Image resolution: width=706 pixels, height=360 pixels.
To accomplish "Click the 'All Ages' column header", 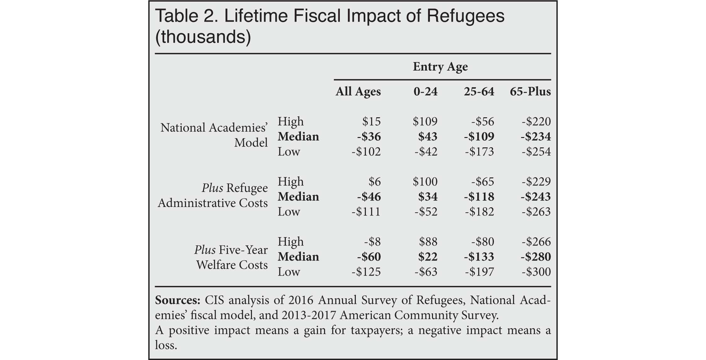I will tap(358, 92).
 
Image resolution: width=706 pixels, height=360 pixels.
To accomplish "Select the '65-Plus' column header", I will tap(530, 92).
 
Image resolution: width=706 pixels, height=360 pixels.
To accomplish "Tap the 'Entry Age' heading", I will tap(440, 67).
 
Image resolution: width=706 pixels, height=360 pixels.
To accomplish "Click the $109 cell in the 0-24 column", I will tap(425, 121).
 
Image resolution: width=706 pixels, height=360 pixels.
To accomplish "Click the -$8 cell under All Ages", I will tap(372, 242).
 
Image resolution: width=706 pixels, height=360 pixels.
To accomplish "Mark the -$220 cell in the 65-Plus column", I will tap(536, 121).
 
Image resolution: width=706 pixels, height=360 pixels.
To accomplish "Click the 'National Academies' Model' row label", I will tap(214, 135).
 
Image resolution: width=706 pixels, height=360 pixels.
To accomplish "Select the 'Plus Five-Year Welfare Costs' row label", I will tap(231, 257).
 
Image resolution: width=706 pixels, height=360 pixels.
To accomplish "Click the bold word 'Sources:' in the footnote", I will tap(178, 300).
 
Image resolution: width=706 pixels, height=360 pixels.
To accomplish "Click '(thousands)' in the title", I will tap(203, 37).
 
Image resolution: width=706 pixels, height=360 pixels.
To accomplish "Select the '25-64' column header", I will tap(479, 92).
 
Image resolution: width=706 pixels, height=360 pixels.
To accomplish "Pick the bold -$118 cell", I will tap(479, 197).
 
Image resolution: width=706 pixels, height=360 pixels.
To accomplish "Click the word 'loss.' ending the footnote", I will tap(166, 345).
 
